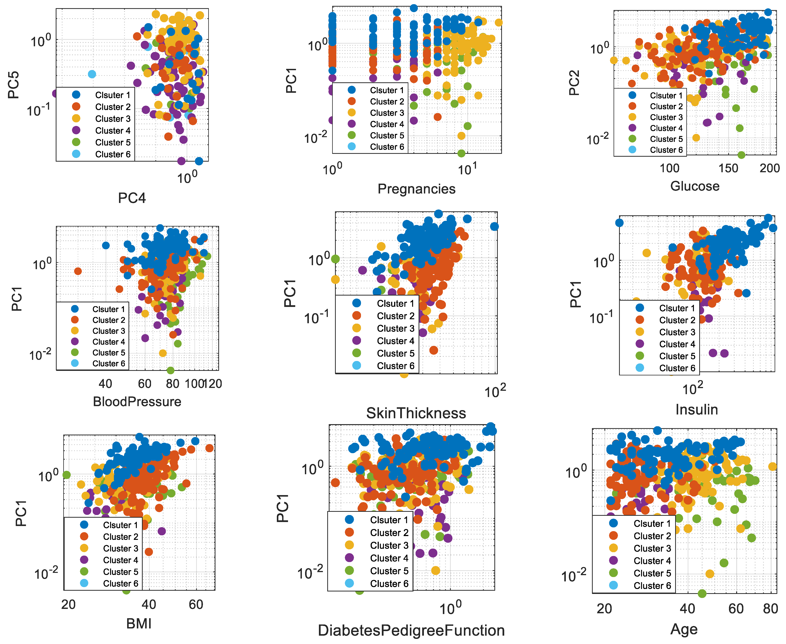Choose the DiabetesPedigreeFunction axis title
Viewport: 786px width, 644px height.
411,631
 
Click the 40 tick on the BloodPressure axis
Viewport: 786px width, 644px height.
105,384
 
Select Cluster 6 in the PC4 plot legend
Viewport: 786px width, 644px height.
112,154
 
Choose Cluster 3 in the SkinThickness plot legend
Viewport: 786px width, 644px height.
395,328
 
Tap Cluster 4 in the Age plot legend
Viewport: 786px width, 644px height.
652,561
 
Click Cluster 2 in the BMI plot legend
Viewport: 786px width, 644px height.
121,537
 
